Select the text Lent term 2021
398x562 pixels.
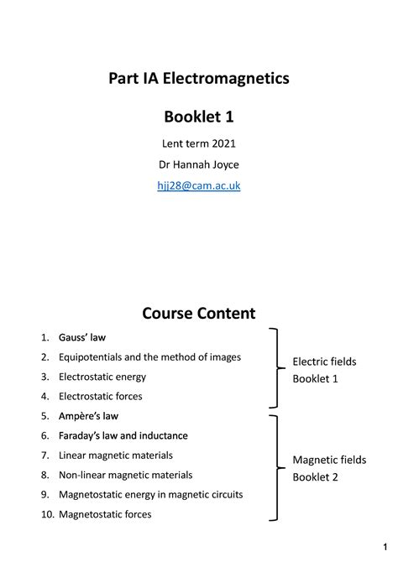[199, 143]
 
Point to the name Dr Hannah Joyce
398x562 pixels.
[199, 164]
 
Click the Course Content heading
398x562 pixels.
[199, 314]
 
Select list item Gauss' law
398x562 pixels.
[82, 338]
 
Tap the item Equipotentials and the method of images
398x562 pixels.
[149, 357]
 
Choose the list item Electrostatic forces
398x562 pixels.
[101, 396]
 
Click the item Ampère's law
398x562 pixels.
[88, 415]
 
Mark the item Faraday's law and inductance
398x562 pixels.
[123, 435]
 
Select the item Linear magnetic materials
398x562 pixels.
[116, 455]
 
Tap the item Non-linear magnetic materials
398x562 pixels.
[126, 474]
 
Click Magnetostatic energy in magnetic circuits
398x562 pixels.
[151, 494]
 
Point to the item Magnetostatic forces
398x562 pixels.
[105, 513]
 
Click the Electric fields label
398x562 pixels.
[324, 362]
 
